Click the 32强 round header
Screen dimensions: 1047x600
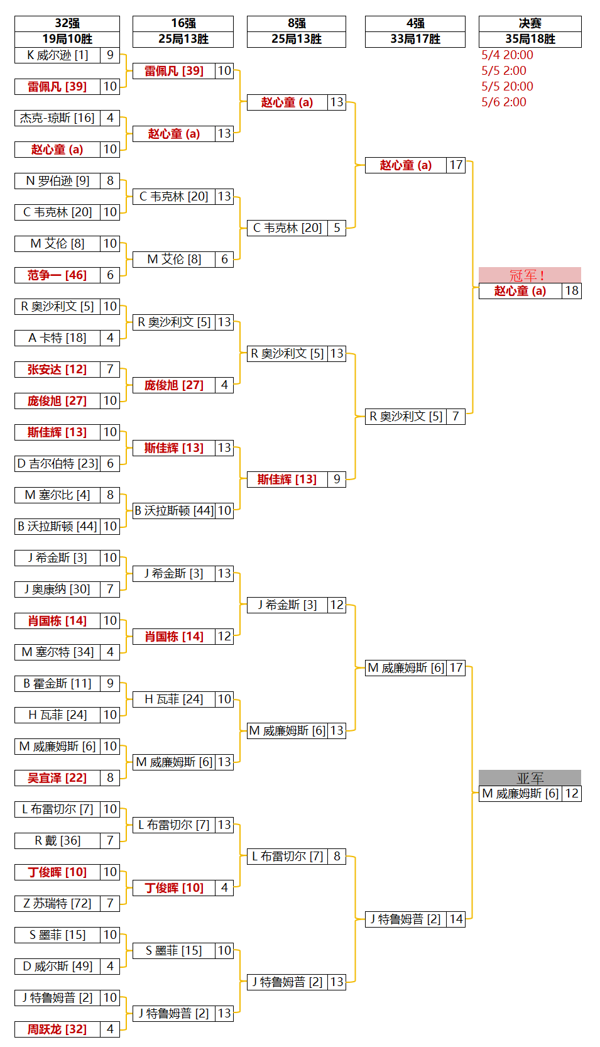(67, 23)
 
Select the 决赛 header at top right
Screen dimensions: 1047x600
(530, 23)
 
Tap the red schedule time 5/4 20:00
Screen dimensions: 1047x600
(507, 55)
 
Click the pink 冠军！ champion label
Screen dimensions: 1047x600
(530, 275)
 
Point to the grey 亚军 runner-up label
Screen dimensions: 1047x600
(530, 778)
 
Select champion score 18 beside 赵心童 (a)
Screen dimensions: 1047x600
(572, 291)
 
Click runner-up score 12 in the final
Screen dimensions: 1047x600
(572, 794)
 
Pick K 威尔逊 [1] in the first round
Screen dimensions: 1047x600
(57, 55)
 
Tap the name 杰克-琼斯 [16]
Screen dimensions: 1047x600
(57, 118)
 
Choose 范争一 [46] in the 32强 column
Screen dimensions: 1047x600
(57, 275)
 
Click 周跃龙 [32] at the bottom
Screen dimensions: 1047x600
(57, 1029)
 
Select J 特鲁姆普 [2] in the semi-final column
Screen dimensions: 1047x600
(405, 919)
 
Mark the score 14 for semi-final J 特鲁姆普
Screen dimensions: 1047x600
(456, 919)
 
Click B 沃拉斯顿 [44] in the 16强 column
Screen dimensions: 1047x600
(174, 511)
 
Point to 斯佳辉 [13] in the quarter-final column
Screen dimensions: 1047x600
(287, 480)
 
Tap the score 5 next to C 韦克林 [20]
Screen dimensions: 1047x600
(337, 228)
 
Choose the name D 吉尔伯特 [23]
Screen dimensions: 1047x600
(57, 464)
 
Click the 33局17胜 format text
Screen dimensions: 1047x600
(415, 39)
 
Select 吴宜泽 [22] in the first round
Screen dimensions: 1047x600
(57, 778)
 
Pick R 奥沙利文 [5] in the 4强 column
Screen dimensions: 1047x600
(405, 417)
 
